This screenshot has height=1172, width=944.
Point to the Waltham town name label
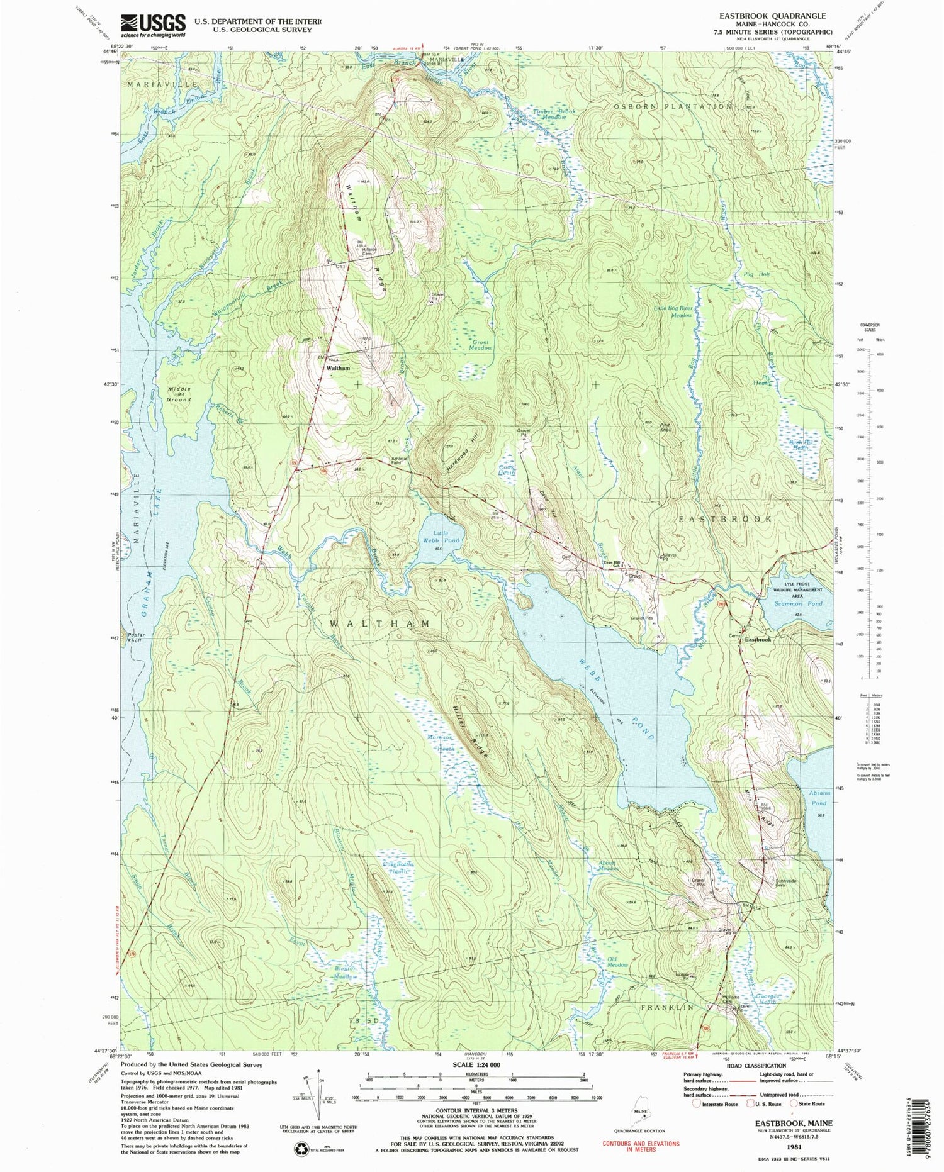click(x=337, y=367)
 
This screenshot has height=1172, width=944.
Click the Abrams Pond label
click(x=820, y=798)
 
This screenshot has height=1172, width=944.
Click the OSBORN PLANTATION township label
click(x=673, y=106)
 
